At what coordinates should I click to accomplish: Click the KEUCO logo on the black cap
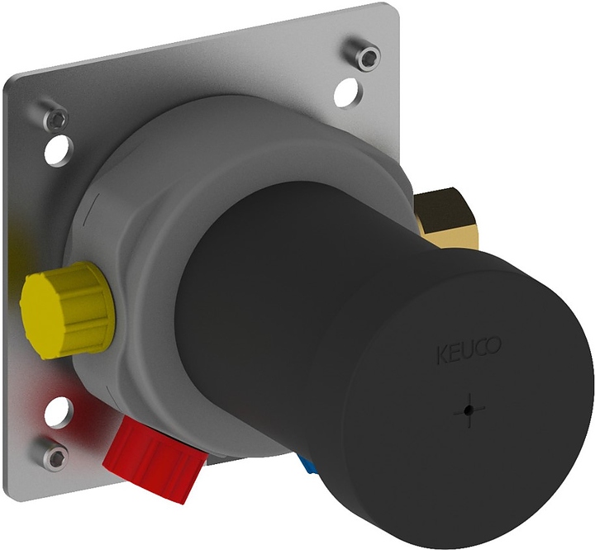click(469, 349)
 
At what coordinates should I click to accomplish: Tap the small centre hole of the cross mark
click(469, 410)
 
